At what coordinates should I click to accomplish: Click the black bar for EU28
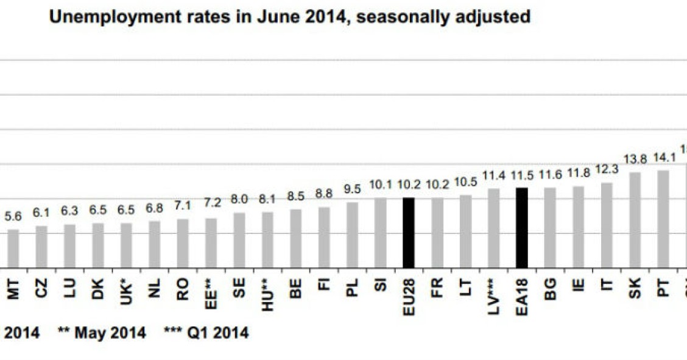tap(409, 233)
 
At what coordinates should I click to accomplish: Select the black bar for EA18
tap(521, 228)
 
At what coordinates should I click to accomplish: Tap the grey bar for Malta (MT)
tap(13, 249)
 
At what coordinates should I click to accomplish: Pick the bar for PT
tap(663, 219)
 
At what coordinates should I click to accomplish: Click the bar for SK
tap(635, 221)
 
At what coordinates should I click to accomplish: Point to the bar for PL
tap(352, 235)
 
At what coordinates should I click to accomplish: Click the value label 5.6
tap(13, 216)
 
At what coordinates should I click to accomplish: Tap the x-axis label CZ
tap(41, 288)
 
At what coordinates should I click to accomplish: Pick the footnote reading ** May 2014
tap(102, 333)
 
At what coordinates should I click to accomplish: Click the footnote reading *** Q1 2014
tap(206, 333)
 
